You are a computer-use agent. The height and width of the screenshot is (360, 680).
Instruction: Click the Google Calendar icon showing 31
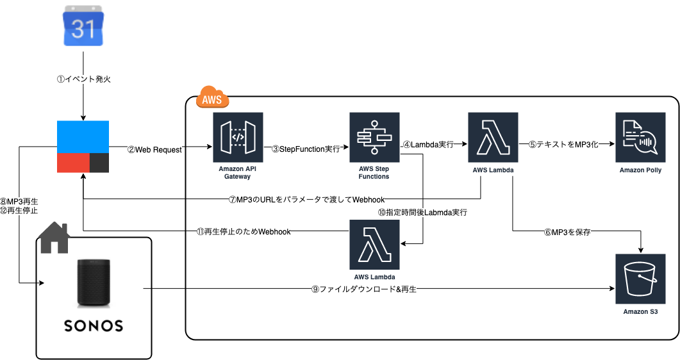tap(84, 26)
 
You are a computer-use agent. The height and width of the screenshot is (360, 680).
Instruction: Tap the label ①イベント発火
tap(84, 79)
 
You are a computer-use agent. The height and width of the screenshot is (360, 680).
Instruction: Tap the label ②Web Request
tap(154, 149)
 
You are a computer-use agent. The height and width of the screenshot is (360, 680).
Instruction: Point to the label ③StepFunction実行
tap(304, 149)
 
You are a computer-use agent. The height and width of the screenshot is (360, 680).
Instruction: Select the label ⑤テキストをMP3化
tap(563, 145)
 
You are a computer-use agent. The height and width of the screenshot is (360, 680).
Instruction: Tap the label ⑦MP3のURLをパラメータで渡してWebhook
tap(306, 199)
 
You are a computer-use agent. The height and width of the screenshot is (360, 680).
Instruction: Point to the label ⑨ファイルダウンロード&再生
tap(363, 290)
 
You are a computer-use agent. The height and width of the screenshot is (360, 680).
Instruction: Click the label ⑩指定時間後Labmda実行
tap(422, 212)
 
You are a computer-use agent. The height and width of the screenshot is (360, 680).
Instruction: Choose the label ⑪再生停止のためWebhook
tap(243, 231)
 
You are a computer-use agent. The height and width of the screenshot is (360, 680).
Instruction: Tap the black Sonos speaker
tap(94, 282)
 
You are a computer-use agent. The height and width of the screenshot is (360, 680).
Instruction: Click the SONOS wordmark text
tap(94, 326)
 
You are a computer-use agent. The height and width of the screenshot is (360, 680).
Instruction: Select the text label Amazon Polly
tap(640, 170)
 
